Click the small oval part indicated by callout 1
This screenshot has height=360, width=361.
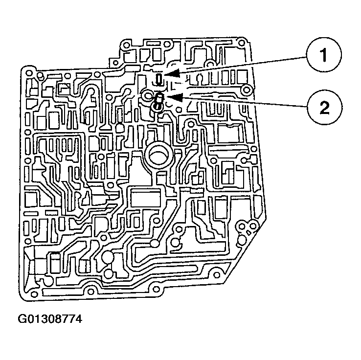coord(159,79)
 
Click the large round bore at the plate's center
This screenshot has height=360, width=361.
coord(159,157)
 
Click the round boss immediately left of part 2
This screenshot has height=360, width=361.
coord(147,94)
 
